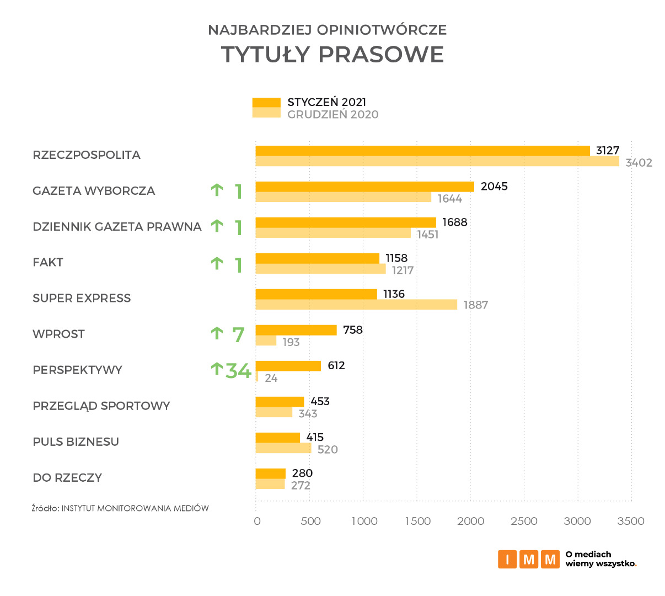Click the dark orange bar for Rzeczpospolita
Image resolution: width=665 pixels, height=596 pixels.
pyautogui.click(x=422, y=151)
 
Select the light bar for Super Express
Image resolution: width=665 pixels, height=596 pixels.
pyautogui.click(x=356, y=305)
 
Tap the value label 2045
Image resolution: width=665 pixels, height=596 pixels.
pyautogui.click(x=494, y=187)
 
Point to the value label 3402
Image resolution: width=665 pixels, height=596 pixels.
pyautogui.click(x=639, y=163)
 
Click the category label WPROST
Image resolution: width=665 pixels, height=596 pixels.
pyautogui.click(x=58, y=334)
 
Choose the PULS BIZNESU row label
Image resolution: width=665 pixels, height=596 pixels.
pyautogui.click(x=76, y=441)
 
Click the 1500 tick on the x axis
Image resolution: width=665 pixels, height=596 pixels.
pyautogui.click(x=417, y=521)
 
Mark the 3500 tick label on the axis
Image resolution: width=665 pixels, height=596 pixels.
pyautogui.click(x=630, y=521)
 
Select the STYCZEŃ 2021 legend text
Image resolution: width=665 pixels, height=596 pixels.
pyautogui.click(x=326, y=102)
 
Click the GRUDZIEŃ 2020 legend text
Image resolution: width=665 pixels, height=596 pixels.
pyautogui.click(x=332, y=114)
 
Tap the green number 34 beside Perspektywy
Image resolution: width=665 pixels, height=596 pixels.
pyautogui.click(x=239, y=371)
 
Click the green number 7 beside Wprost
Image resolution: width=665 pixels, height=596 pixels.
pyautogui.click(x=238, y=335)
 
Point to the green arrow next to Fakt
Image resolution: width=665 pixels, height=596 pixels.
pyautogui.click(x=217, y=263)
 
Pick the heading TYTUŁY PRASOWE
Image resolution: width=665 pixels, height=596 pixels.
pyautogui.click(x=332, y=54)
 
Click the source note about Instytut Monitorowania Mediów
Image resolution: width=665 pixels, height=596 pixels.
pyautogui.click(x=120, y=508)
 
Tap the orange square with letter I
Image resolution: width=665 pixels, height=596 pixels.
pyautogui.click(x=507, y=559)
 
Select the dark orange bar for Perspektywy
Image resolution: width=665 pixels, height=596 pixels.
pyautogui.click(x=288, y=366)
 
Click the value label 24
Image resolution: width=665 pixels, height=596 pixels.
pyautogui.click(x=271, y=378)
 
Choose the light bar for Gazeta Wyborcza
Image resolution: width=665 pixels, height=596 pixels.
pyautogui.click(x=343, y=197)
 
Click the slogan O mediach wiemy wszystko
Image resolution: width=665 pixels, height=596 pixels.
pyautogui.click(x=600, y=559)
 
